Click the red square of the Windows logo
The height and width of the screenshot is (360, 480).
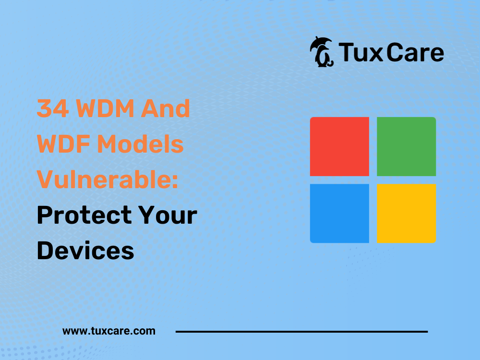[339, 146]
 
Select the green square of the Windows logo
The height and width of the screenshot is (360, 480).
[406, 146]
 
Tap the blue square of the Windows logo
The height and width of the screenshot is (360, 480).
[339, 214]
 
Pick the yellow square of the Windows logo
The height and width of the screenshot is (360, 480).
[406, 214]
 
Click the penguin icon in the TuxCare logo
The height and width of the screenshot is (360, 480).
[322, 52]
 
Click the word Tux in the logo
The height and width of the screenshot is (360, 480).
[360, 53]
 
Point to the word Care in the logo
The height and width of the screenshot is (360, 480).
[415, 53]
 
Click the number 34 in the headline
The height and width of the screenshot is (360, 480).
[53, 108]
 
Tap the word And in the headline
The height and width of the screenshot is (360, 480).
[165, 108]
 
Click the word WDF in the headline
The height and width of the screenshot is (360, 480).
[63, 144]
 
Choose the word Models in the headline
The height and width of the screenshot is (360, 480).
[140, 144]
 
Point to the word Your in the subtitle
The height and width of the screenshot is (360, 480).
[168, 215]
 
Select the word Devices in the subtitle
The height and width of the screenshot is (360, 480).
[85, 251]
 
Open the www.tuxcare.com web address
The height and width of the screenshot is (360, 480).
[108, 331]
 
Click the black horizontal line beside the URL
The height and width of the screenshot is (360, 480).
[301, 332]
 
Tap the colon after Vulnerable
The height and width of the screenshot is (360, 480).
[175, 182]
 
